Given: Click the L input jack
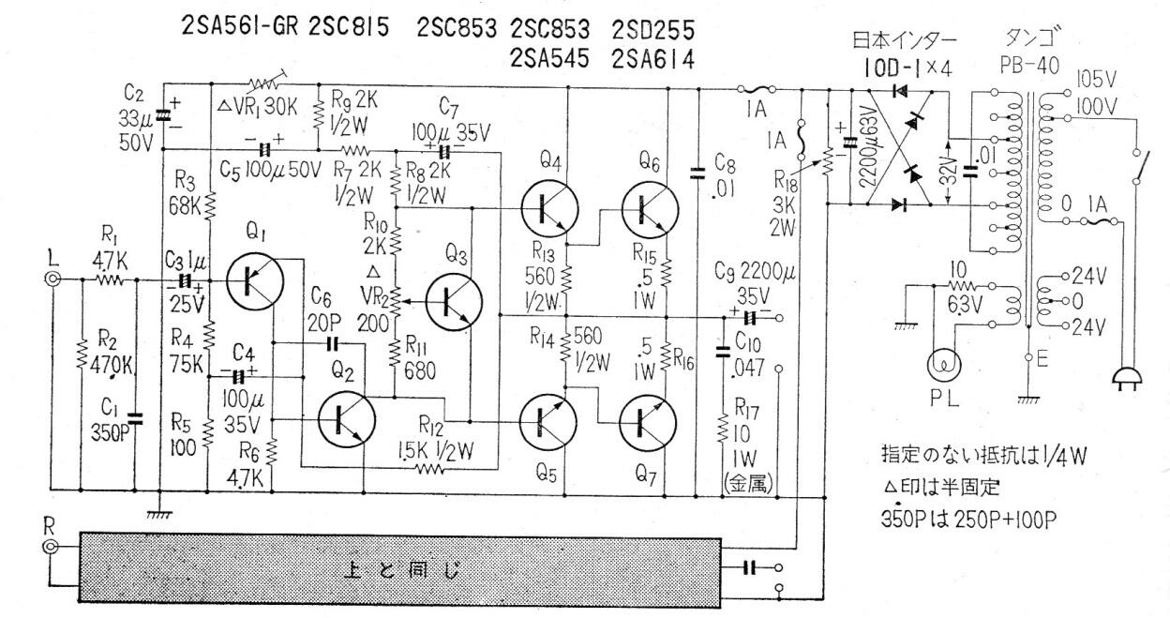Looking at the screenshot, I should (x=55, y=279).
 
